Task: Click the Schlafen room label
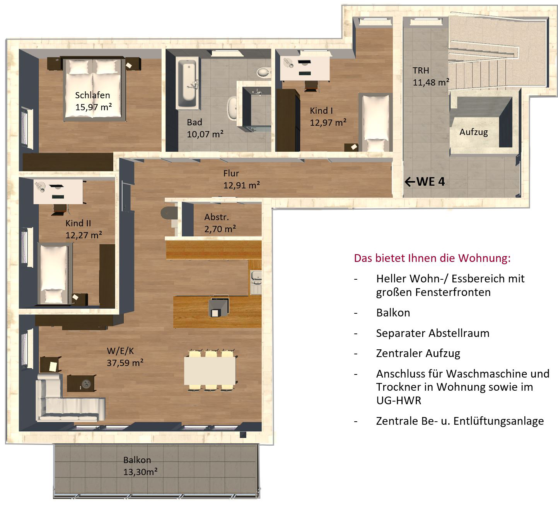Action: click(92, 95)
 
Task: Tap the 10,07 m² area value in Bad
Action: click(205, 134)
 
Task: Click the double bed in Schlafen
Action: click(93, 89)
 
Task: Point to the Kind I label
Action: click(321, 111)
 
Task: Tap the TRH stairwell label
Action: click(421, 70)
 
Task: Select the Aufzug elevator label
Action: click(473, 132)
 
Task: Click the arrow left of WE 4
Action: click(410, 182)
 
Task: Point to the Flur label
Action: click(231, 173)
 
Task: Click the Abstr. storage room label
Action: click(217, 217)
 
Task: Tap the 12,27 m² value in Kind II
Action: click(84, 235)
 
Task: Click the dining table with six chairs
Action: click(210, 371)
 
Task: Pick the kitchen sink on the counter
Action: click(256, 282)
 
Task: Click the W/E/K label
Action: click(120, 351)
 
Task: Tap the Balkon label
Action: click(137, 460)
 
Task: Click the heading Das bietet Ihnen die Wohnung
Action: click(432, 258)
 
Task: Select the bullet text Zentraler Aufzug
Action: click(418, 354)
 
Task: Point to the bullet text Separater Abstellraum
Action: click(433, 333)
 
